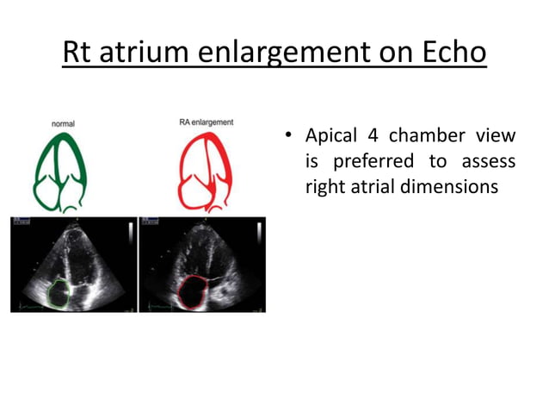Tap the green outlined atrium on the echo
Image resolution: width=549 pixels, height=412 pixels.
[59, 290]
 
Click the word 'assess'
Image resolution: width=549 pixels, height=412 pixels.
[488, 162]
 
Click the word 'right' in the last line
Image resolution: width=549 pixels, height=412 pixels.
[325, 186]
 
